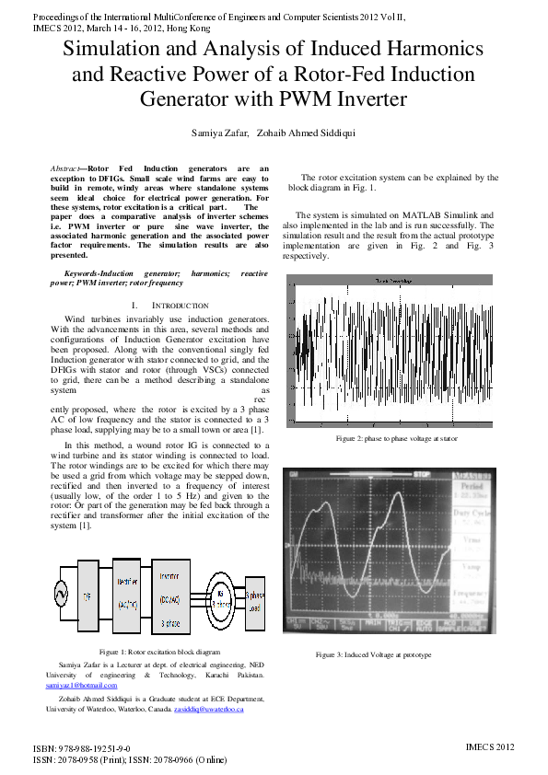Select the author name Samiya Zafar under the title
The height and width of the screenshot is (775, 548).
click(x=218, y=133)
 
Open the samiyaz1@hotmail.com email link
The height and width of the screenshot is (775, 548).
click(x=82, y=686)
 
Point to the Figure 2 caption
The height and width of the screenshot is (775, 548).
click(x=397, y=438)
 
